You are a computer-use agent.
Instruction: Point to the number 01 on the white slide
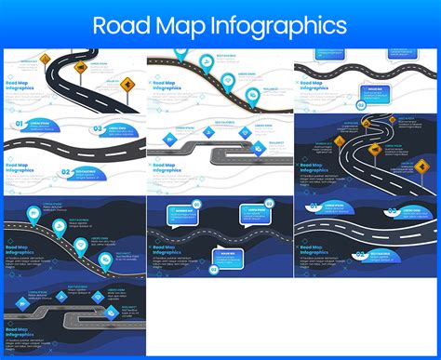[18, 124]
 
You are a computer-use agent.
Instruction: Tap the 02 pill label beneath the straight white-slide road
[65, 172]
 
